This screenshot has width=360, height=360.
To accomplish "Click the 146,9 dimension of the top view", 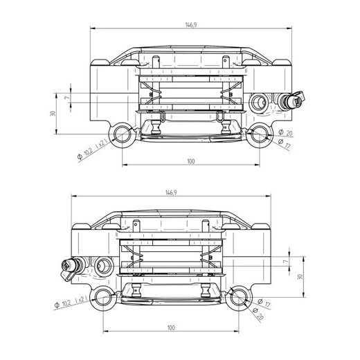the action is pyautogui.click(x=191, y=25).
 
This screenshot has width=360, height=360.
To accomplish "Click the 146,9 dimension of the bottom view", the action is pyautogui.click(x=171, y=192).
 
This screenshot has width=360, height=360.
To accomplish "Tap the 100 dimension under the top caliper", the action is pyautogui.click(x=191, y=161).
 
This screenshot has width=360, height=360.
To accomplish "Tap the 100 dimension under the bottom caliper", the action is pyautogui.click(x=171, y=327).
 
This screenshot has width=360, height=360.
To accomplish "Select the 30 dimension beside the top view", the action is pyautogui.click(x=53, y=114).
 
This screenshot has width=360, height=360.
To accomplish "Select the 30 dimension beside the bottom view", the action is pyautogui.click(x=300, y=277).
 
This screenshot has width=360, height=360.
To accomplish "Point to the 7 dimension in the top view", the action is pyautogui.click(x=66, y=98).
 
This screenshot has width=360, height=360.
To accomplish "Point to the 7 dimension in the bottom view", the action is pyautogui.click(x=286, y=262).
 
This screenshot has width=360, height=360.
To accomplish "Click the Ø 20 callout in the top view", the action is pyautogui.click(x=285, y=132).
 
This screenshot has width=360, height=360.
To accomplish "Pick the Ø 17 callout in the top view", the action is pyautogui.click(x=285, y=143).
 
